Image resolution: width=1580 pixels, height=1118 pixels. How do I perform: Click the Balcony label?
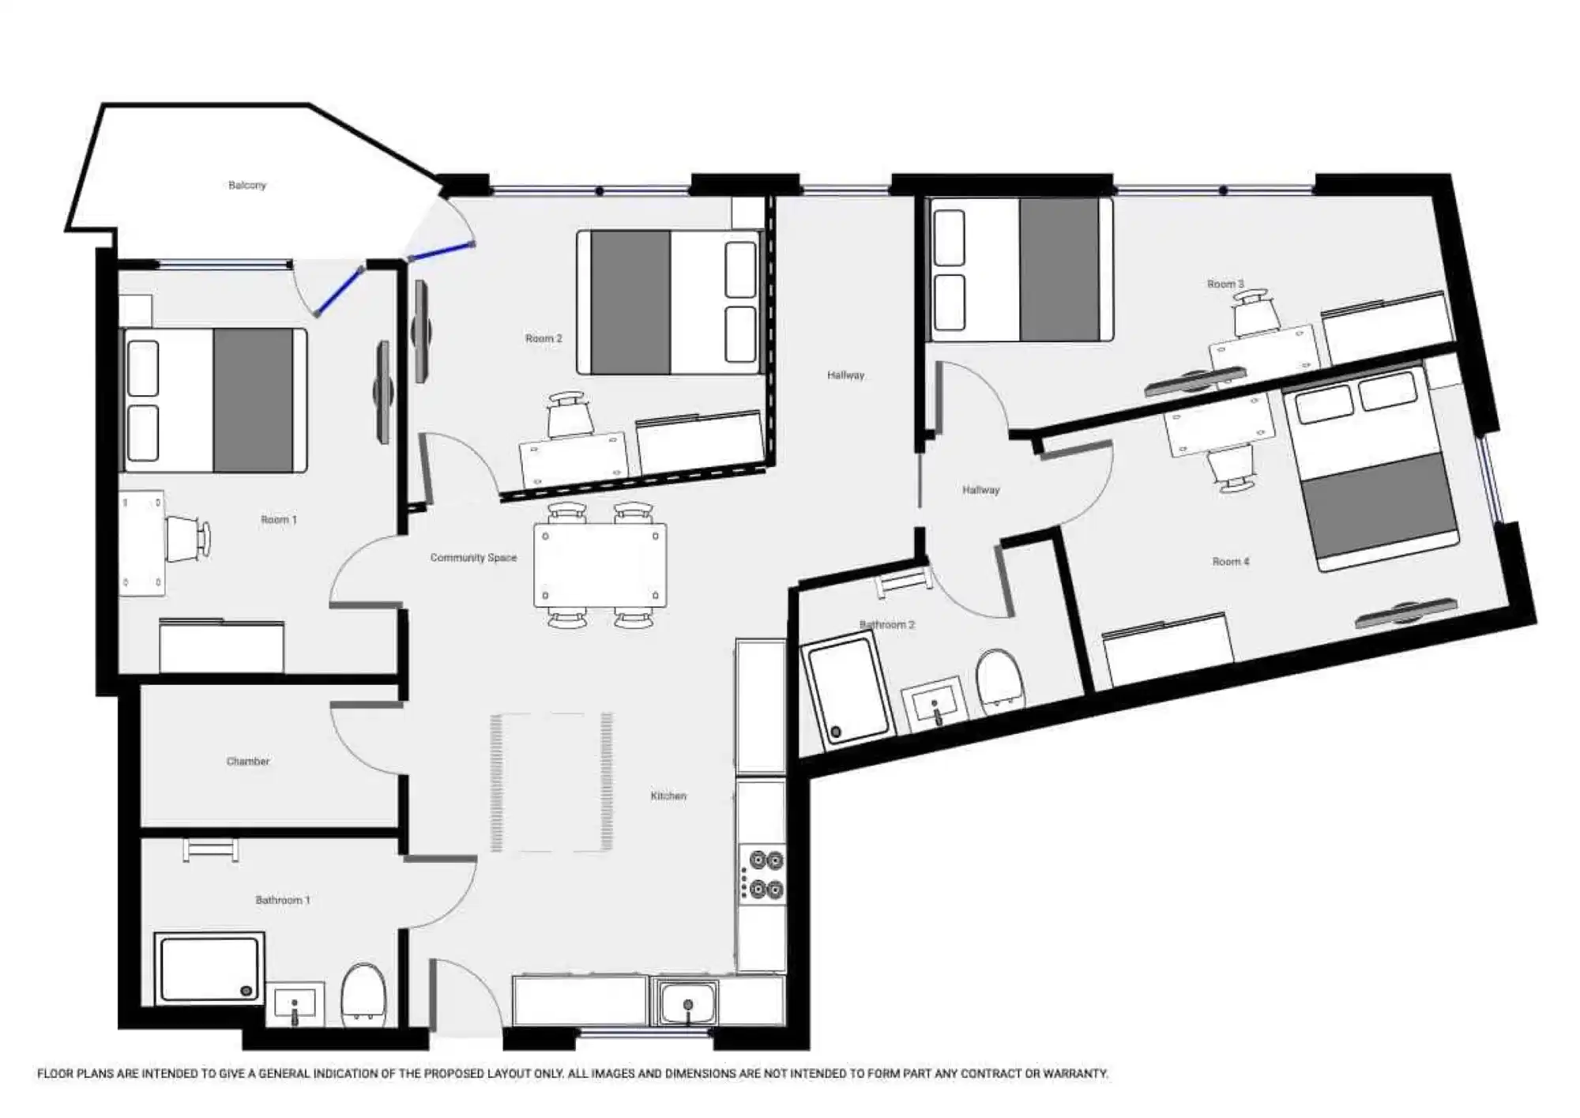pos(247,186)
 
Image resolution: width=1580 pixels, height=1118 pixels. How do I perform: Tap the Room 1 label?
pos(279,520)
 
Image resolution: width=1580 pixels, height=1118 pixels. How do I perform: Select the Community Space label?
pos(473,558)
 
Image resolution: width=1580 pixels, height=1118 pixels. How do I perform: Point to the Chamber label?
pos(248,762)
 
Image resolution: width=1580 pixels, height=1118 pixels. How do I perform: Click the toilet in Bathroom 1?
pos(363,993)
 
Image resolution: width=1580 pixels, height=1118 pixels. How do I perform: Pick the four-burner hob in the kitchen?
pos(763,875)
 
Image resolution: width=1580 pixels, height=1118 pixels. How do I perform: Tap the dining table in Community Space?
pos(600,565)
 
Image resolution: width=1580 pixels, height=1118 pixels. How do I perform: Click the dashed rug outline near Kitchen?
pos(551,782)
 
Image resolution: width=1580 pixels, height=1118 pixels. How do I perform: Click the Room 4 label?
pos(1231,562)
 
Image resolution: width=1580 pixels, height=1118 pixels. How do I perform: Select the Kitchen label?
pos(668,796)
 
